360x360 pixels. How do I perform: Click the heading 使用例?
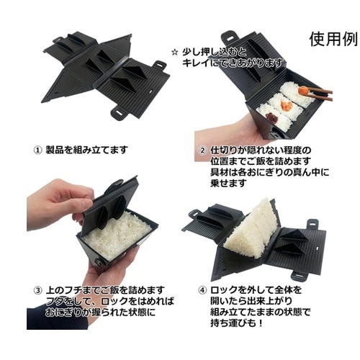coord(333,39)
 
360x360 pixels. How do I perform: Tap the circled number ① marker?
coord(37,150)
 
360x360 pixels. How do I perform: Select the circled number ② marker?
coord(203,150)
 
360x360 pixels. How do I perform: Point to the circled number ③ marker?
coord(37,290)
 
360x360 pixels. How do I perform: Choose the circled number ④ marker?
coord(203,290)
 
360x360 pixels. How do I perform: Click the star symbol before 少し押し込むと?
coord(175,53)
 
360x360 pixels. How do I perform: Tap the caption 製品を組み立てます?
coord(86,150)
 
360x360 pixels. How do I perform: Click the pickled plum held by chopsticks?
coord(302,90)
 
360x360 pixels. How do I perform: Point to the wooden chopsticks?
coord(319,93)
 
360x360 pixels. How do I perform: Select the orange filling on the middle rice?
coord(287,104)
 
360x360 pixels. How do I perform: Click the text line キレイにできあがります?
coord(233,63)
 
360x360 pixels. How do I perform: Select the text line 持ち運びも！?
coord(237,323)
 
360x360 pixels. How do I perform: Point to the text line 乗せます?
coord(228,183)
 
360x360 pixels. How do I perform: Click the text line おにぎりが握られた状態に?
coord(100,312)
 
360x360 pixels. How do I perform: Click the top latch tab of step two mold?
coord(230,36)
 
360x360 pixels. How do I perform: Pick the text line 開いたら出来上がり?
coord(251,301)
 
